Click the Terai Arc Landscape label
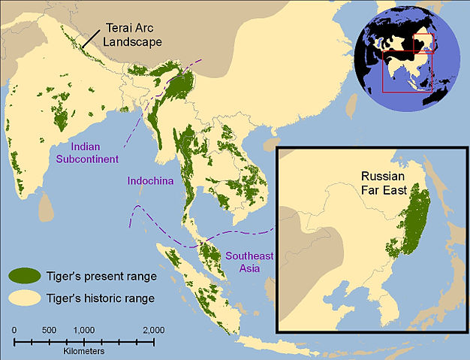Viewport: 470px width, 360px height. (x=131, y=32)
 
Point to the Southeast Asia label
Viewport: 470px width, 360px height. (x=249, y=262)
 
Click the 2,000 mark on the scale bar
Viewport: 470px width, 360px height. (x=154, y=330)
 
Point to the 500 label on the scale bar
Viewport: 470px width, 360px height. (x=49, y=330)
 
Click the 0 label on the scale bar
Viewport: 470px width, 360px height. (x=14, y=330)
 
